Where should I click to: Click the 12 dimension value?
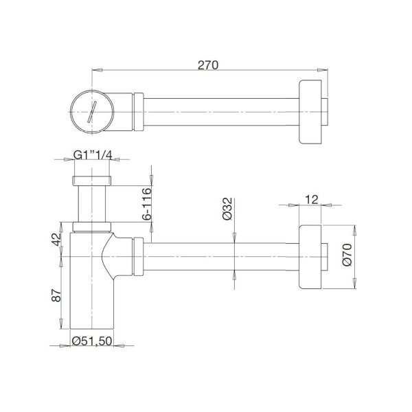(312, 199)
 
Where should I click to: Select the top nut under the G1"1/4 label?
(91, 181)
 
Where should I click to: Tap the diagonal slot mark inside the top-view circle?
(91, 110)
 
